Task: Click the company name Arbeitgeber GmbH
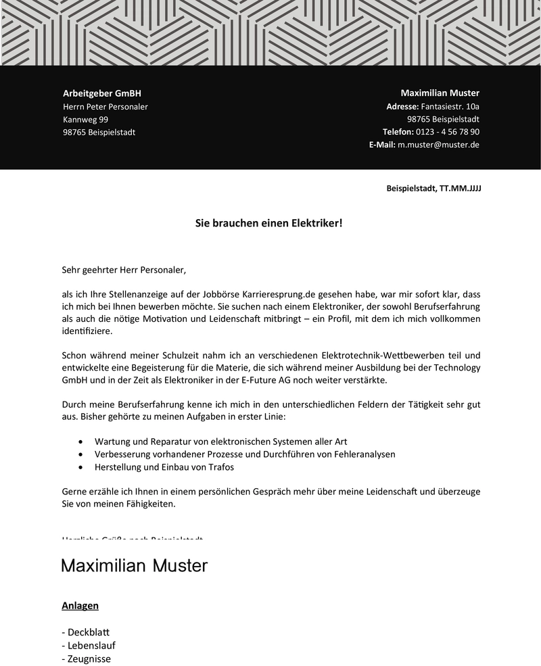(x=102, y=93)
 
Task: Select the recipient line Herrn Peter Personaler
(x=105, y=106)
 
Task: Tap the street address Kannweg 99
(x=85, y=119)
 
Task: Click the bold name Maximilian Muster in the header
(x=440, y=93)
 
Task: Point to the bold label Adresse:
(x=402, y=106)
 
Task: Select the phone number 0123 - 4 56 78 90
(x=448, y=132)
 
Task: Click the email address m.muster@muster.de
(x=438, y=145)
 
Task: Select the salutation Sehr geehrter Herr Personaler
(x=124, y=270)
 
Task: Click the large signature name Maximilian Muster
(x=134, y=565)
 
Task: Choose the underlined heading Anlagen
(x=80, y=605)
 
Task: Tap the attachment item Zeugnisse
(x=89, y=659)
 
